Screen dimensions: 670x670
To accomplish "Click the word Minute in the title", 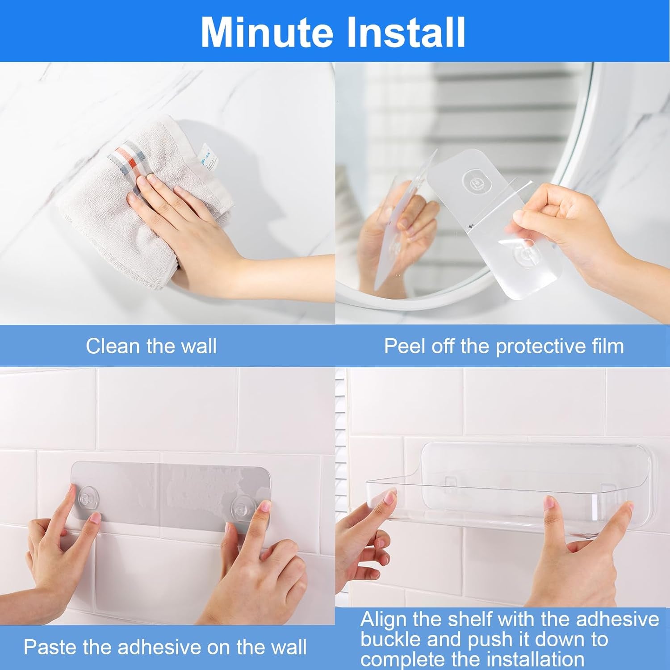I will point(267,32).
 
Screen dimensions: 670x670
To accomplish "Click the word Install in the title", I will point(406,32).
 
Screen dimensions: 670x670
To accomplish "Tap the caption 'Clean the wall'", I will point(151,346).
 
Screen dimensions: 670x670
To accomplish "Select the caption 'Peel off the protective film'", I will point(503,346).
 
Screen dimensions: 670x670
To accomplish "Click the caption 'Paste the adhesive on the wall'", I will point(165,647).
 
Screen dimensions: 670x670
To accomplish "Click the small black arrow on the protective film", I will point(470,227).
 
